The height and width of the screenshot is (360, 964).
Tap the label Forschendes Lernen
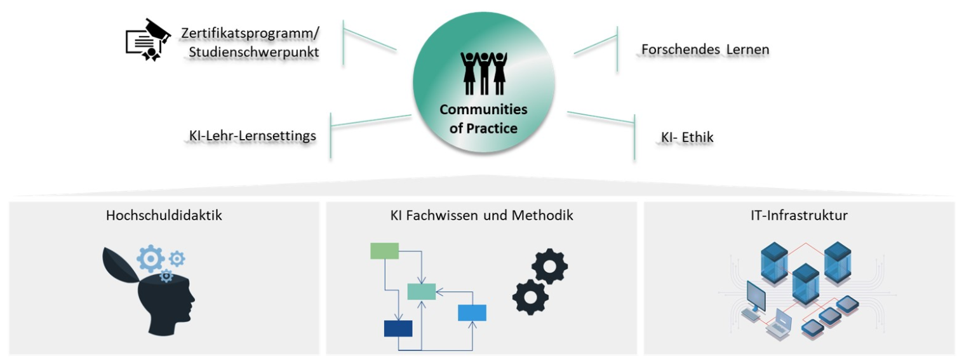[705, 49]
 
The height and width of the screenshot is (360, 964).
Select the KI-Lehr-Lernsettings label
[252, 135]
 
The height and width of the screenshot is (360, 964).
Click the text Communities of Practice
[483, 119]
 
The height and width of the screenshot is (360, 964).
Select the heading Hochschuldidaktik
[164, 215]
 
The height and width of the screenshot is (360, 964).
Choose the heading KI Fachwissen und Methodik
[481, 215]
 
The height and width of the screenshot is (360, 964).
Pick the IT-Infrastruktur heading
[798, 215]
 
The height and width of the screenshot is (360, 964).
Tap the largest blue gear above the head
[151, 259]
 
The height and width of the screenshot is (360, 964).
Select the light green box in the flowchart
[384, 251]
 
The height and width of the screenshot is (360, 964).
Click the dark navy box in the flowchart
[398, 328]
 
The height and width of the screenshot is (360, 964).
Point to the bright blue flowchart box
[472, 312]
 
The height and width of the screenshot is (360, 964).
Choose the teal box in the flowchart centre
[421, 291]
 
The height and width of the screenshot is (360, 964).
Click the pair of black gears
[540, 281]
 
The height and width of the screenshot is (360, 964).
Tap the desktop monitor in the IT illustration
[755, 296]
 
